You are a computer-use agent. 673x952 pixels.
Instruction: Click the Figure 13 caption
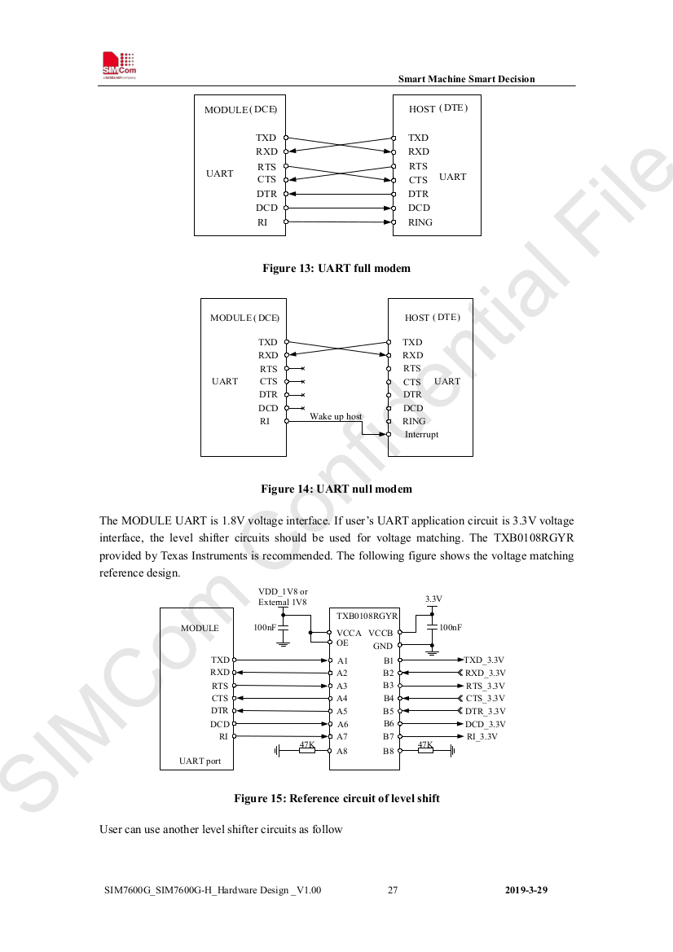point(336,268)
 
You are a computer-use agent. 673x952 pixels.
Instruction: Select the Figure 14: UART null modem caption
point(336,489)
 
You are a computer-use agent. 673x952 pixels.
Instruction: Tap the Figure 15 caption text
point(336,798)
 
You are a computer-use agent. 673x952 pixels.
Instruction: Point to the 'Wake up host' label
point(336,416)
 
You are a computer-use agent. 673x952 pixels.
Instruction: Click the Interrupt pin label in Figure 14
point(421,434)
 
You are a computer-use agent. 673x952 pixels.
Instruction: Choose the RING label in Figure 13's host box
point(420,222)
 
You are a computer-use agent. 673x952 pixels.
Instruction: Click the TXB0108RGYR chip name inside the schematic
point(367,616)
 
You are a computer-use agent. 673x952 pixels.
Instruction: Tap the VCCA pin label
point(349,633)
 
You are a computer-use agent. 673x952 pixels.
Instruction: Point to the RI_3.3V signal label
point(482,736)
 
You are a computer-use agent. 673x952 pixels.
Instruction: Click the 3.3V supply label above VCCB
point(433,599)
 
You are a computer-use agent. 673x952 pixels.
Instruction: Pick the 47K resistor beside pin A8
point(307,750)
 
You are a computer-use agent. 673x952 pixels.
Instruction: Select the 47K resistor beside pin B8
point(424,749)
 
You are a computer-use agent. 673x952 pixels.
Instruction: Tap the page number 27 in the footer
point(393,890)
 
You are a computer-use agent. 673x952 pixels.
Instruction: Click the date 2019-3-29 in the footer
point(526,890)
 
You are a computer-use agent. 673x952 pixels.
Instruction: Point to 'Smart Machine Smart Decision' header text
point(466,79)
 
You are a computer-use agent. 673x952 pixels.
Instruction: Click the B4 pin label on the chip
point(389,698)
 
